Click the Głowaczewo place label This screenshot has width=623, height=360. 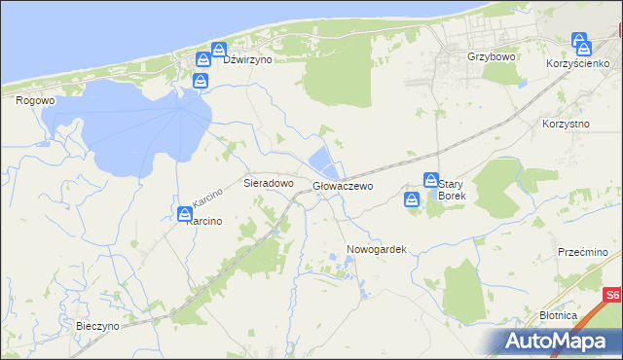tap(343, 185)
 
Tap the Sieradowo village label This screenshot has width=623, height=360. tap(268, 183)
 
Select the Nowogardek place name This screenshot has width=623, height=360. tap(376, 249)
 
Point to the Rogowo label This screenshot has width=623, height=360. tap(35, 99)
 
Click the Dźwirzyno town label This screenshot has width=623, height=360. tap(247, 59)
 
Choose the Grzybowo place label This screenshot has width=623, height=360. tap(491, 57)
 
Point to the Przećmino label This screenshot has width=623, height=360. tap(583, 252)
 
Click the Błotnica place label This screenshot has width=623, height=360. tap(558, 315)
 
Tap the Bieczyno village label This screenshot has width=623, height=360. tap(97, 326)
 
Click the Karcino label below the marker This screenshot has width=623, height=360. tap(204, 221)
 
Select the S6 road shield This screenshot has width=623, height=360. tap(610, 294)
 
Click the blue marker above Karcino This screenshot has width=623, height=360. tap(185, 213)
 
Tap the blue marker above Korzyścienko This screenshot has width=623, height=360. tap(580, 42)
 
